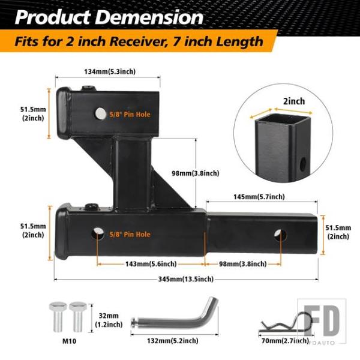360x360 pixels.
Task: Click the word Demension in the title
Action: [149, 17]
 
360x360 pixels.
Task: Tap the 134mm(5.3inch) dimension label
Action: [110, 71]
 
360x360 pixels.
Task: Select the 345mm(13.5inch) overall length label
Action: [186, 279]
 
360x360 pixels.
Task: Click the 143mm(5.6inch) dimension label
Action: [151, 264]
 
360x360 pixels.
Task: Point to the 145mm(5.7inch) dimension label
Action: [259, 197]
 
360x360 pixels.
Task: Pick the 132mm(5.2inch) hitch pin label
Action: [173, 340]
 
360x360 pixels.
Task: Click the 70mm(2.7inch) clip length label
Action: [285, 341]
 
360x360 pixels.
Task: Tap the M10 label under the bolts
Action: [69, 341]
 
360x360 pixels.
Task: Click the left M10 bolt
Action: [58, 317]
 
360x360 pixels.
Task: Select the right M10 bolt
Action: [78, 317]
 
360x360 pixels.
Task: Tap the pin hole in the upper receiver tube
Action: [100, 113]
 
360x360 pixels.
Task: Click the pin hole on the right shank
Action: [280, 235]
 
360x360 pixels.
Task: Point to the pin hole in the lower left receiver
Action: [97, 233]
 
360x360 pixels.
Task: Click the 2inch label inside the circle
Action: [294, 101]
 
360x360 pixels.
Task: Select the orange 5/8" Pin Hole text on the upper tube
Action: [130, 115]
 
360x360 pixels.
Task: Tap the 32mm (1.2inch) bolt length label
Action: [109, 320]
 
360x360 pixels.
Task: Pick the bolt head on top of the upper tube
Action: [88, 88]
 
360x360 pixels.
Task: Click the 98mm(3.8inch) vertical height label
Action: [196, 173]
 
